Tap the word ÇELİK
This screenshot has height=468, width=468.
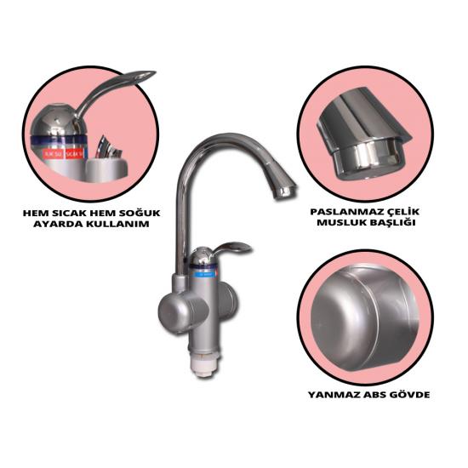pos(400,212)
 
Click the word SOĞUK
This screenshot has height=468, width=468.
pos(140,213)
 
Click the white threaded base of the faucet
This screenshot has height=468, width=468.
pos(206,362)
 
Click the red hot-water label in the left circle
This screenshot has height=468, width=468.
pos(74,153)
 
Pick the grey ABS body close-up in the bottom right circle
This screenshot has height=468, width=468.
pos(364,318)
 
